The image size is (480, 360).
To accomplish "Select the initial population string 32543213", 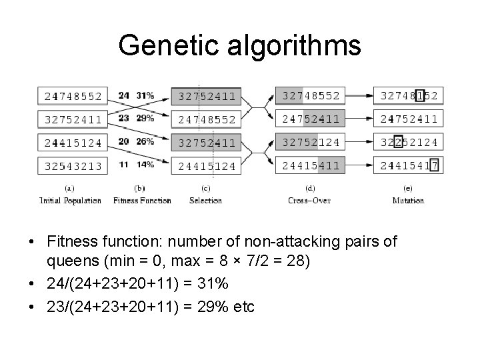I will (73, 165).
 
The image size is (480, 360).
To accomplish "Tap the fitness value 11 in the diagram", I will (123, 164).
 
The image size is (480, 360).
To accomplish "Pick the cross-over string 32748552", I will (311, 96).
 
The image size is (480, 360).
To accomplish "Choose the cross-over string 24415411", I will (311, 165).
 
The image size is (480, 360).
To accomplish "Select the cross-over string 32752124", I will (311, 142).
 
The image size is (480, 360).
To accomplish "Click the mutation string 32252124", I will (409, 142).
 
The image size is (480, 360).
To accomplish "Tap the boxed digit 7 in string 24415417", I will (435, 165).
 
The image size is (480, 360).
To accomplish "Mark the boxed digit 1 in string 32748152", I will (419, 96).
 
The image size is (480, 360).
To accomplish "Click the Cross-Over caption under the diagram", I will (310, 201).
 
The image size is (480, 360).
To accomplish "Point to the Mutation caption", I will (408, 201).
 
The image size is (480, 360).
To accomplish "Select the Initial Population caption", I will (70, 201).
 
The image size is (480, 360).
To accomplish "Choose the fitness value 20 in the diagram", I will (123, 141).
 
